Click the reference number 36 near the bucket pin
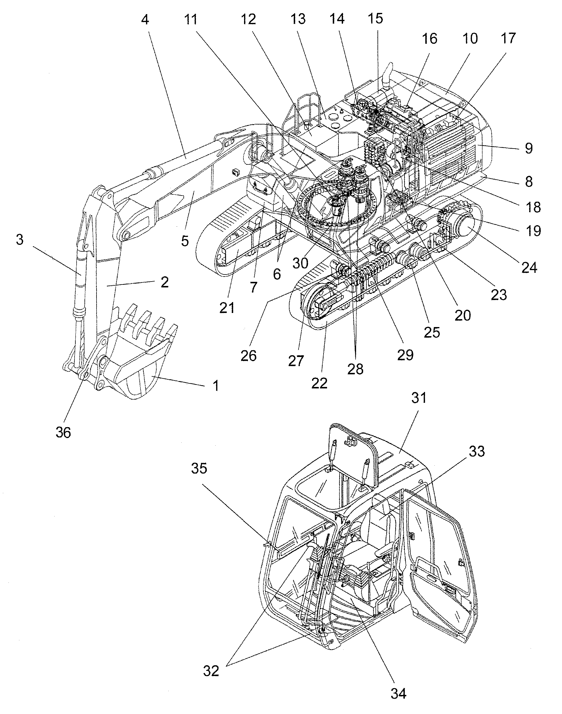(63, 432)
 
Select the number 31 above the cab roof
(419, 398)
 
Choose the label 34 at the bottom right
(398, 693)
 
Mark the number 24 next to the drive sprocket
(529, 267)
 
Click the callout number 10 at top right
(470, 38)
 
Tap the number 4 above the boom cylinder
(145, 20)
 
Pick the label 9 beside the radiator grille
(529, 148)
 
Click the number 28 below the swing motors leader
(356, 369)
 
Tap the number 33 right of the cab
(477, 451)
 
